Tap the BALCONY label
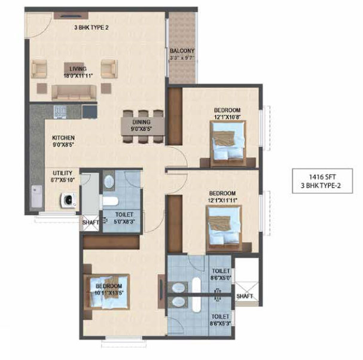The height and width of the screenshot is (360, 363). [x=180, y=51]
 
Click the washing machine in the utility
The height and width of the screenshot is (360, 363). [x=66, y=202]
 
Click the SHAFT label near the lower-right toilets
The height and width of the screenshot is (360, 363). [x=245, y=295]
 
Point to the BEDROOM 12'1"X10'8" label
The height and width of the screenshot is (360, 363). [x=227, y=110]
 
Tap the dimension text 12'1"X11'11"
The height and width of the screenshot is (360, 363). [x=224, y=200]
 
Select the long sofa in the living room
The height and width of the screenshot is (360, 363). [x=75, y=91]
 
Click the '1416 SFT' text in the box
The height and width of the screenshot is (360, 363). [x=324, y=178]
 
